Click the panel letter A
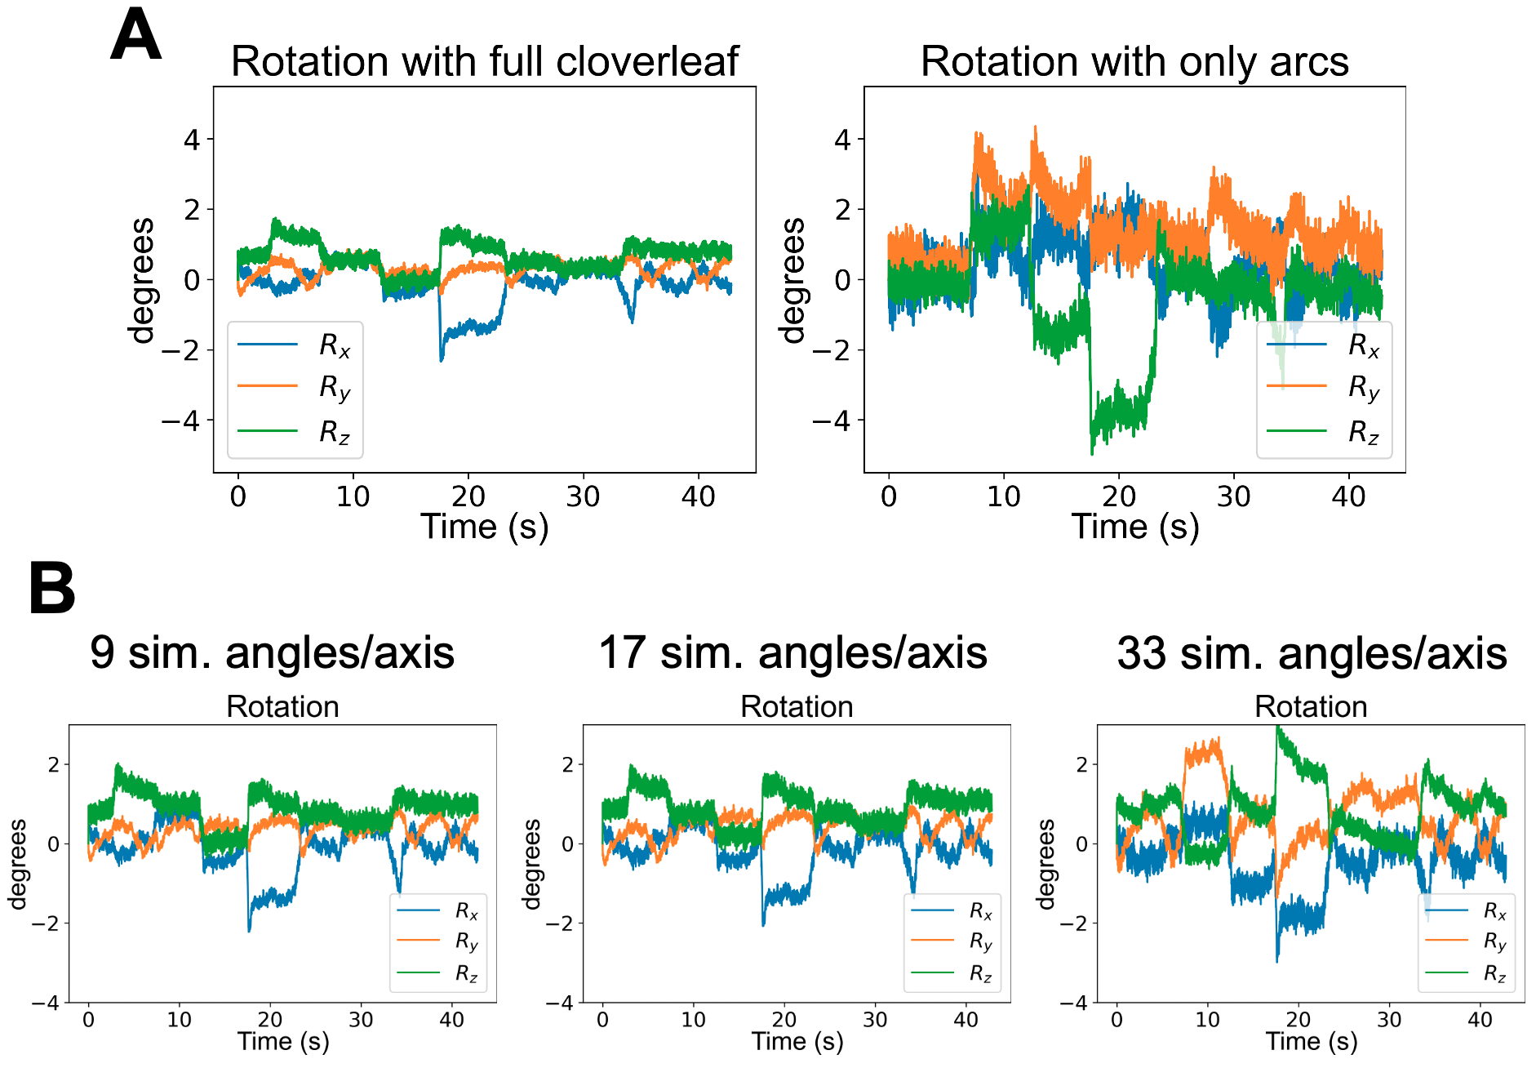pyautogui.click(x=135, y=36)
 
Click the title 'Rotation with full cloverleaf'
pyautogui.click(x=485, y=61)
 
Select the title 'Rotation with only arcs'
pyautogui.click(x=1134, y=61)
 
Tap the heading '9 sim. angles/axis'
pyautogui.click(x=272, y=652)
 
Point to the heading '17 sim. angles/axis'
pyautogui.click(x=792, y=652)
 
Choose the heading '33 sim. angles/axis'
pyautogui.click(x=1312, y=653)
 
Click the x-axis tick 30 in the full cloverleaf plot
pyautogui.click(x=584, y=496)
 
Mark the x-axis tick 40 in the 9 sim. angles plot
pyautogui.click(x=451, y=1020)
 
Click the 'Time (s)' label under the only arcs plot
pyautogui.click(x=1134, y=527)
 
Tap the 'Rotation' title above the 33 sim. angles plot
pyautogui.click(x=1311, y=706)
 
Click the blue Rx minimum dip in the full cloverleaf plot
pyautogui.click(x=442, y=358)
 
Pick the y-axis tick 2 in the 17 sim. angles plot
pyautogui.click(x=569, y=765)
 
